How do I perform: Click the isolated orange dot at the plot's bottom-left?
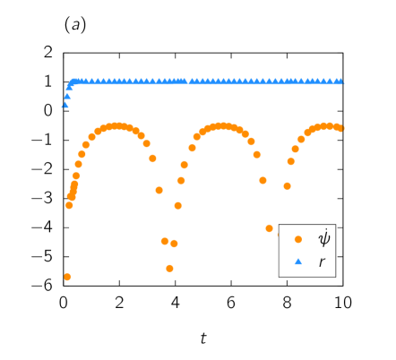[x=67, y=277]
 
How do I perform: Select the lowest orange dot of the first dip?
[x=169, y=268]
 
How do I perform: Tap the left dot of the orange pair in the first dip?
[x=165, y=241]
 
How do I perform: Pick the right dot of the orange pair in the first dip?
[x=174, y=244]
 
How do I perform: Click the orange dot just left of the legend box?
[x=269, y=228]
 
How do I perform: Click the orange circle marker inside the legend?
[x=298, y=239]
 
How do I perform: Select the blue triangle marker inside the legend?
[x=298, y=261]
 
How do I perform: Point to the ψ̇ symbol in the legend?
[x=323, y=238]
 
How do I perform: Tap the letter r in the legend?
[x=322, y=262]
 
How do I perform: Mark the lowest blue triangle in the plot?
[x=65, y=105]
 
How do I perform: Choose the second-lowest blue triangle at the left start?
[x=67, y=96]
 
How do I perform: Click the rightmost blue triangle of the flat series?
[x=341, y=81]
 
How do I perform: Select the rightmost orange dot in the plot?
[x=342, y=128]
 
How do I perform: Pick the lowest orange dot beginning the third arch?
[x=287, y=186]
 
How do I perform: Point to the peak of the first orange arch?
[x=116, y=126]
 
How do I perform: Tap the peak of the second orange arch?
[x=222, y=126]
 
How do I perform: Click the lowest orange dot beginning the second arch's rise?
[x=177, y=206]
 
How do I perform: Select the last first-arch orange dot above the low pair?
[x=159, y=190]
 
